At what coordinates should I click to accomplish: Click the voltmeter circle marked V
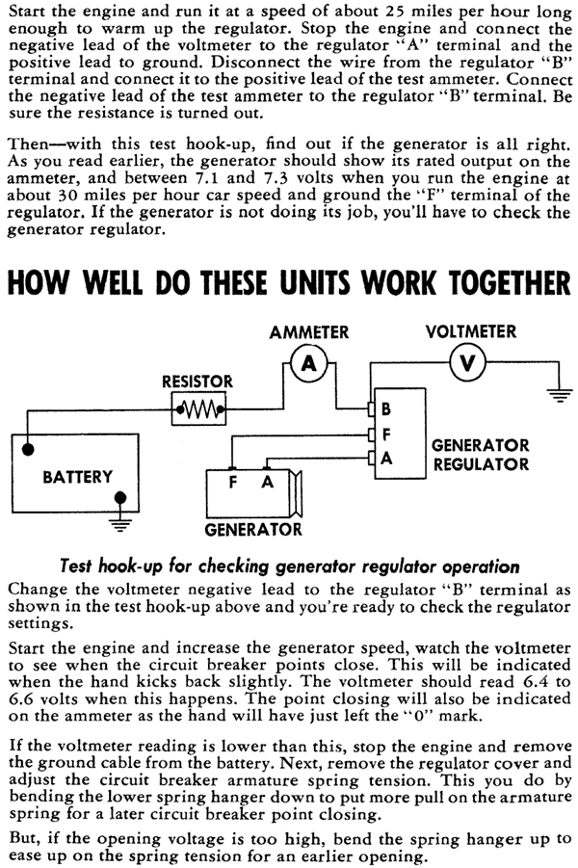tap(468, 363)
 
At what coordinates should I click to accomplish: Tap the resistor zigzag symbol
tap(198, 409)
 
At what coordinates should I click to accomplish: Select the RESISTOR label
tap(197, 381)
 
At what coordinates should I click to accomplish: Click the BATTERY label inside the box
tap(77, 477)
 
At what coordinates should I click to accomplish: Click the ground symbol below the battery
tap(120, 524)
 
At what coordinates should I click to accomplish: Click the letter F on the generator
tap(233, 483)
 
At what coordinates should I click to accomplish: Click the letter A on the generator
tap(268, 483)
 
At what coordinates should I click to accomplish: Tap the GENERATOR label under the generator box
tap(253, 530)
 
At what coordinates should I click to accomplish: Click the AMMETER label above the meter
tap(309, 332)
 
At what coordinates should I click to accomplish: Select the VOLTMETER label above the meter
tap(471, 331)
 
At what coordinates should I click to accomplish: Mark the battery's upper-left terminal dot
tap(27, 448)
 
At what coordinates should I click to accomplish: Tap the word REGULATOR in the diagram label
tap(481, 464)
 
